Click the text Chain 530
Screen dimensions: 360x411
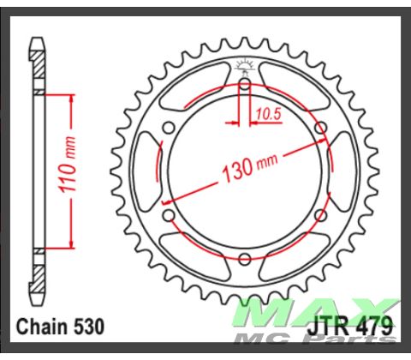[x=60, y=327]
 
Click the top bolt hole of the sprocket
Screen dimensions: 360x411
[x=244, y=85]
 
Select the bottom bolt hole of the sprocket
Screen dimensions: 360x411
[x=244, y=260]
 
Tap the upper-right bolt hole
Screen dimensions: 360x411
[x=320, y=129]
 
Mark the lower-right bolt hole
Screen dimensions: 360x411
[x=320, y=216]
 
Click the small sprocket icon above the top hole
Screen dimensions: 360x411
[x=244, y=65]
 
